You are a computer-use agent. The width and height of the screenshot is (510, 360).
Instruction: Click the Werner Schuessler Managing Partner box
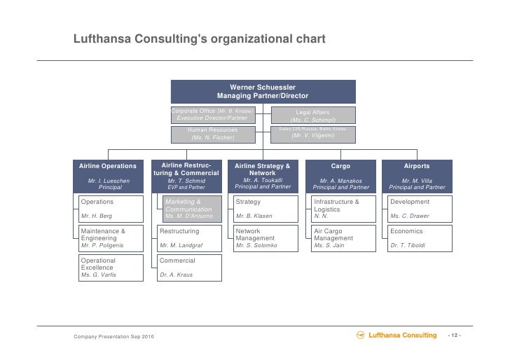coord(263,92)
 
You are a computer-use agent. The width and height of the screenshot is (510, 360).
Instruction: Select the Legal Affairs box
coord(313,116)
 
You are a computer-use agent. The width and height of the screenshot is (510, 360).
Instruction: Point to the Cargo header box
coord(340,176)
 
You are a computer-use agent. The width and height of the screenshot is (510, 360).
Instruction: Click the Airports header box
coord(417,176)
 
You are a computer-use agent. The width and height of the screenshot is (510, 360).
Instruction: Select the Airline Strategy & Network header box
coord(263,176)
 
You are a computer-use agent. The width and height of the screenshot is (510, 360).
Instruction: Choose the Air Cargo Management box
coord(340,238)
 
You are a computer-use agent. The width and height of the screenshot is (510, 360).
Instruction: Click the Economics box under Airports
coord(417,238)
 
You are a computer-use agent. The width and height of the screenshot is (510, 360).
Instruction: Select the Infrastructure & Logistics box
coord(340,209)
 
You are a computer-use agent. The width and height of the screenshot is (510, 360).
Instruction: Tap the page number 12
coord(454,336)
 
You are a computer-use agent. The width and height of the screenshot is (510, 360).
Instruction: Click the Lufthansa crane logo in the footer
coord(361,335)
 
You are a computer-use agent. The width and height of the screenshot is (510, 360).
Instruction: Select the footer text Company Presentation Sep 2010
coord(109,339)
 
